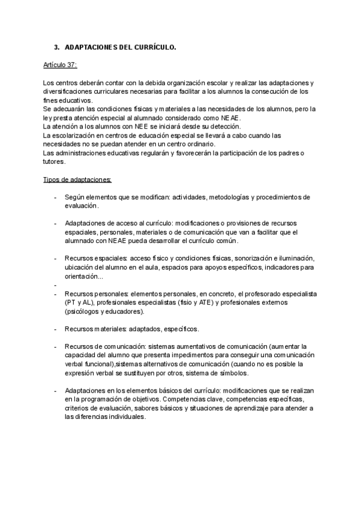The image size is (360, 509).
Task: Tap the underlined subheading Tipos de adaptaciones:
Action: pyautogui.click(x=77, y=179)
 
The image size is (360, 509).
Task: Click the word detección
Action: pyautogui.click(x=226, y=127)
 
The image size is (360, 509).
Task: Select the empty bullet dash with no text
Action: pyautogui.click(x=55, y=285)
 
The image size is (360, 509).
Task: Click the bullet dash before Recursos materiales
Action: pyautogui.click(x=55, y=329)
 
